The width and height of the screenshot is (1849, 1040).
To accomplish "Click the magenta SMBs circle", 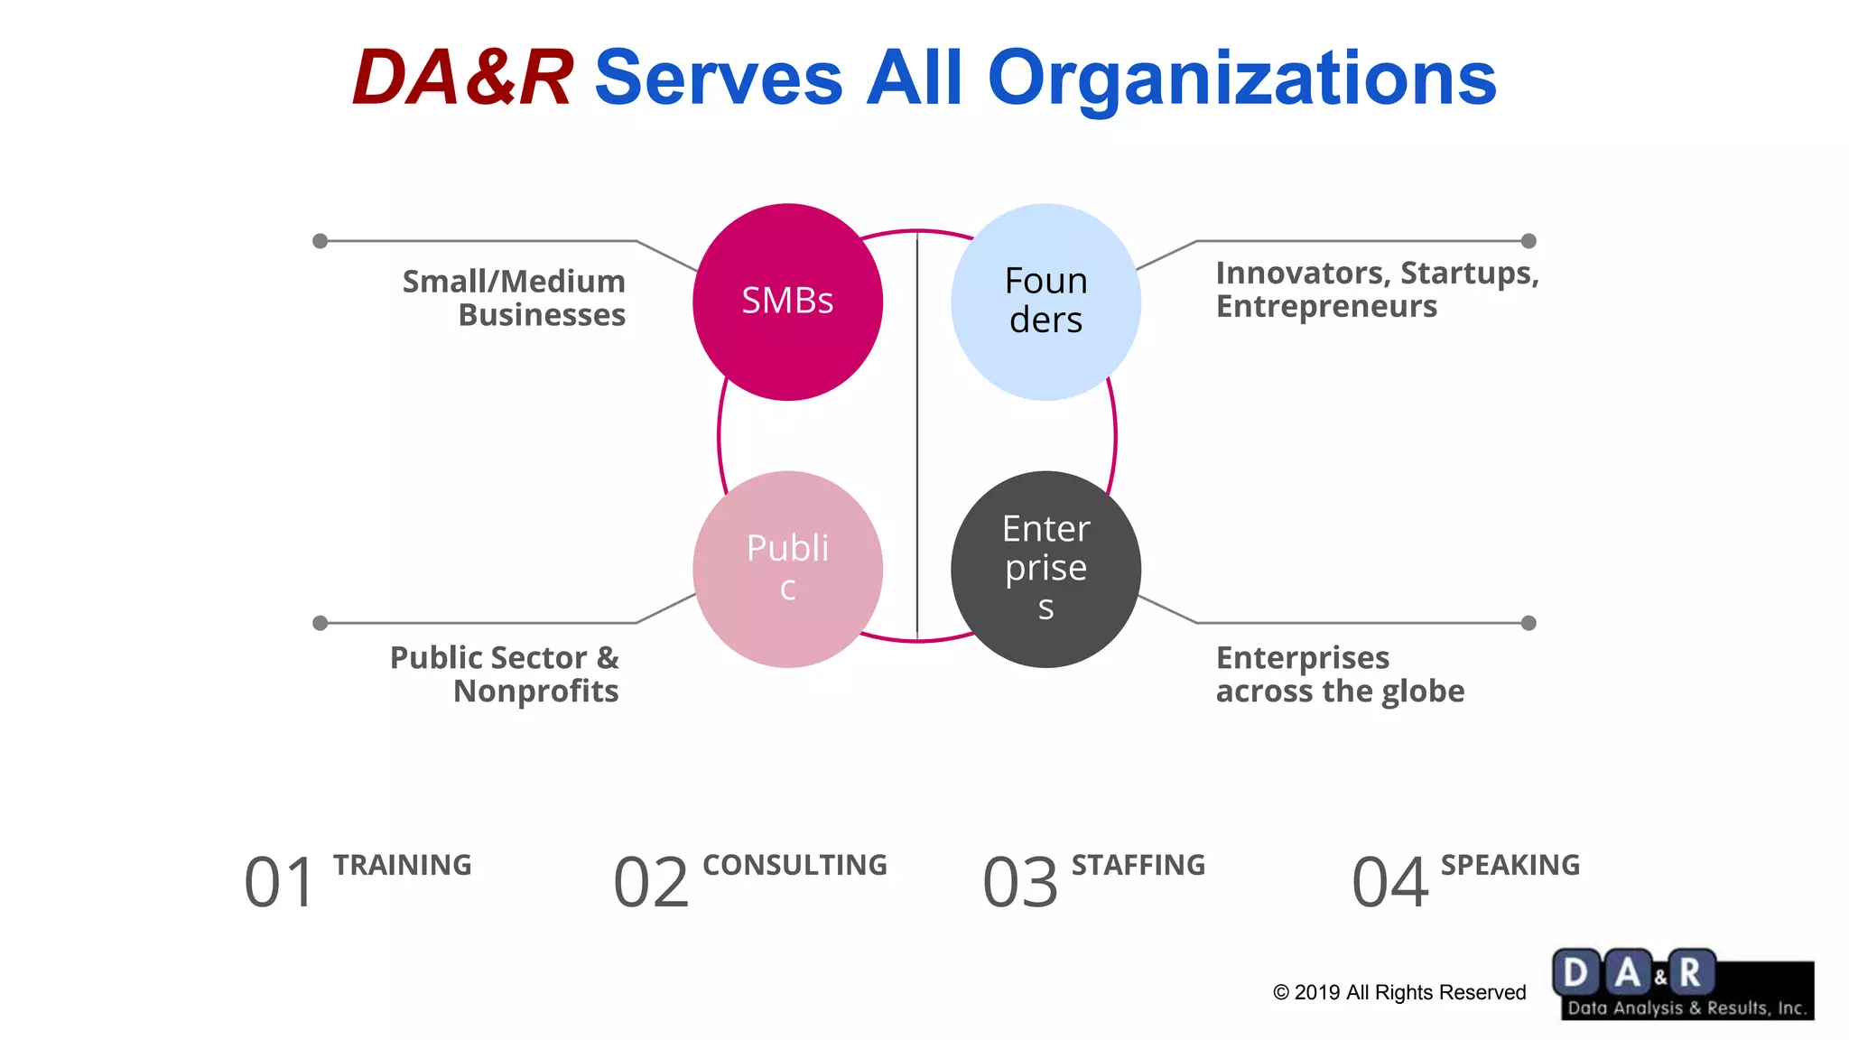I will coord(787,302).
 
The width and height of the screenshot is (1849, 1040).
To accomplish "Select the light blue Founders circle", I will coord(1045,302).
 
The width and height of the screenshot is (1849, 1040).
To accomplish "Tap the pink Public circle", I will coord(787,569).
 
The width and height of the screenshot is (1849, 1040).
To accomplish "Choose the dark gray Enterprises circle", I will coord(1045,569).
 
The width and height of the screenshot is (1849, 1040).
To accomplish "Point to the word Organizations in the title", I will coord(1241,79).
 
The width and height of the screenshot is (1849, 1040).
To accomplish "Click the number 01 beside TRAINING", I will coord(280,882).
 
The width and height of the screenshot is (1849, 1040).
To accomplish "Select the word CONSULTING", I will coord(794,865).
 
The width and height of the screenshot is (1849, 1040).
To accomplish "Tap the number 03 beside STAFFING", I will coord(1020,882).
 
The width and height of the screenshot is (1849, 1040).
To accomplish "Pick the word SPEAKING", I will coord(1510,865).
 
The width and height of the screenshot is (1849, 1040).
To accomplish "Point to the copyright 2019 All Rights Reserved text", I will coord(1398,992).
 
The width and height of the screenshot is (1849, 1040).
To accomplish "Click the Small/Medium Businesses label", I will coord(515,298).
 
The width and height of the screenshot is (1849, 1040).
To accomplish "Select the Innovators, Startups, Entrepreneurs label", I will coord(1376,289).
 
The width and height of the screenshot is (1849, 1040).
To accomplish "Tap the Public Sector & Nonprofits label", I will coord(506,674).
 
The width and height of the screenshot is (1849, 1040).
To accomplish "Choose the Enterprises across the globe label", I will coord(1340,674).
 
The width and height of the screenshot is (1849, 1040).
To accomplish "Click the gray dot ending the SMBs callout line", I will coord(320,241).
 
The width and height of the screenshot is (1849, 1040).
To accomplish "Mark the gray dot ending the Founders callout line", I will coord(1528,241).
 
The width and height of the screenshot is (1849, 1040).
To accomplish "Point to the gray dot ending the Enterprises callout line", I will coord(1528,623).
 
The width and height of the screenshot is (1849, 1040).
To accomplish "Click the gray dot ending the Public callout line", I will coord(320,623).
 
